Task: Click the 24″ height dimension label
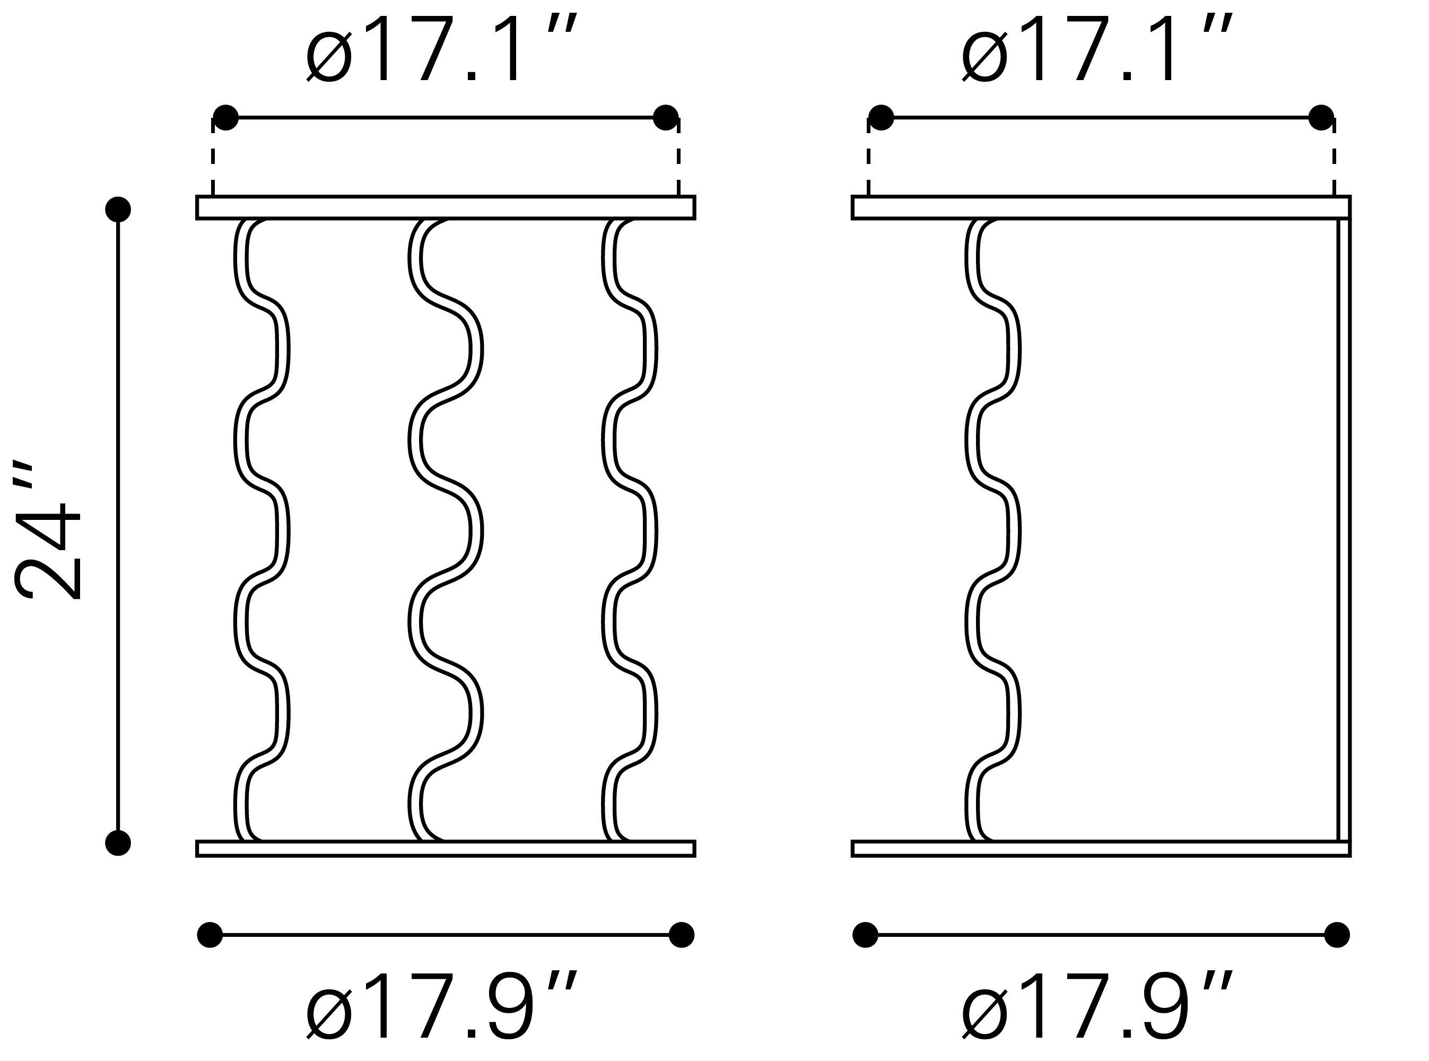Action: point(48,530)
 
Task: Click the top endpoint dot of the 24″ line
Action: point(118,210)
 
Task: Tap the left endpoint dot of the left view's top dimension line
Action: point(225,118)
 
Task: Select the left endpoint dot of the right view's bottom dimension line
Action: point(865,935)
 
